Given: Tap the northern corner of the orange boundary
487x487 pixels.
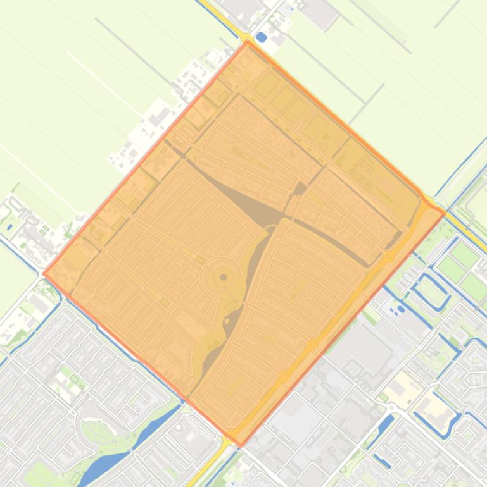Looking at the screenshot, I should (247, 42).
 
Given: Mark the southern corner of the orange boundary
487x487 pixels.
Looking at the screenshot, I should (239, 445).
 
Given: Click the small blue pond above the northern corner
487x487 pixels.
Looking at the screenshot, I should (261, 37).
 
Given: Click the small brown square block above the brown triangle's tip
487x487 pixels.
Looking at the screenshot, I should (300, 188).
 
